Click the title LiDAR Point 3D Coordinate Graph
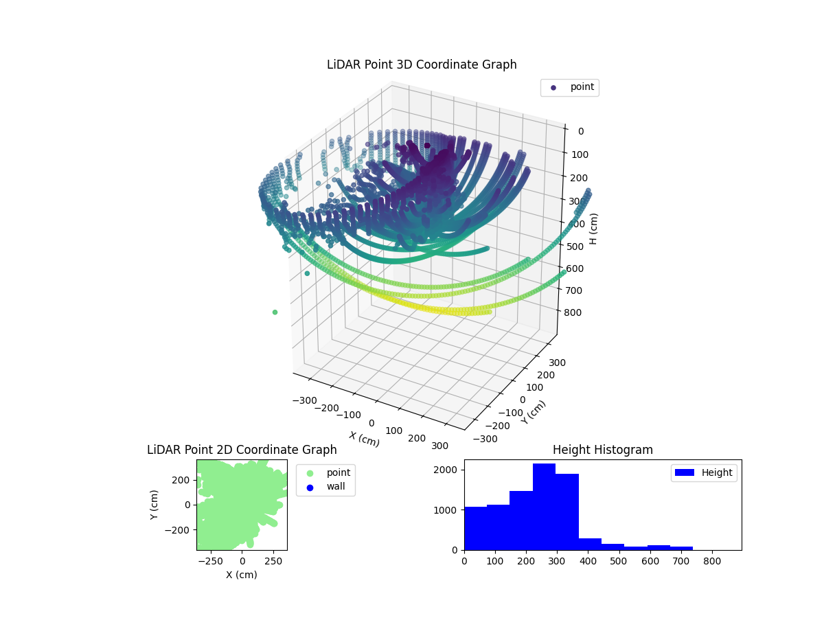(x=422, y=65)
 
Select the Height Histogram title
(x=602, y=450)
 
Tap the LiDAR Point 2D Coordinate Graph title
(x=242, y=450)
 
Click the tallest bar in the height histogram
(x=544, y=507)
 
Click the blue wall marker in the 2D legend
(x=310, y=488)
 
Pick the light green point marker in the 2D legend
(x=310, y=473)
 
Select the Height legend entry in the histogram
(x=703, y=472)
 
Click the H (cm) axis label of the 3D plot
(x=594, y=229)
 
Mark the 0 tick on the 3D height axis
(x=580, y=131)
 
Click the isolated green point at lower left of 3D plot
(x=275, y=312)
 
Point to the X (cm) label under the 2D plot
(x=242, y=575)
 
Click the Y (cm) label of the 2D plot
(x=155, y=504)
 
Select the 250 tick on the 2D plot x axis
(x=274, y=561)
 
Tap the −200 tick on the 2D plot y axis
(x=182, y=530)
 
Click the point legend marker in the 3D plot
(x=553, y=88)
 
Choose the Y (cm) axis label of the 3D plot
(x=534, y=412)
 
